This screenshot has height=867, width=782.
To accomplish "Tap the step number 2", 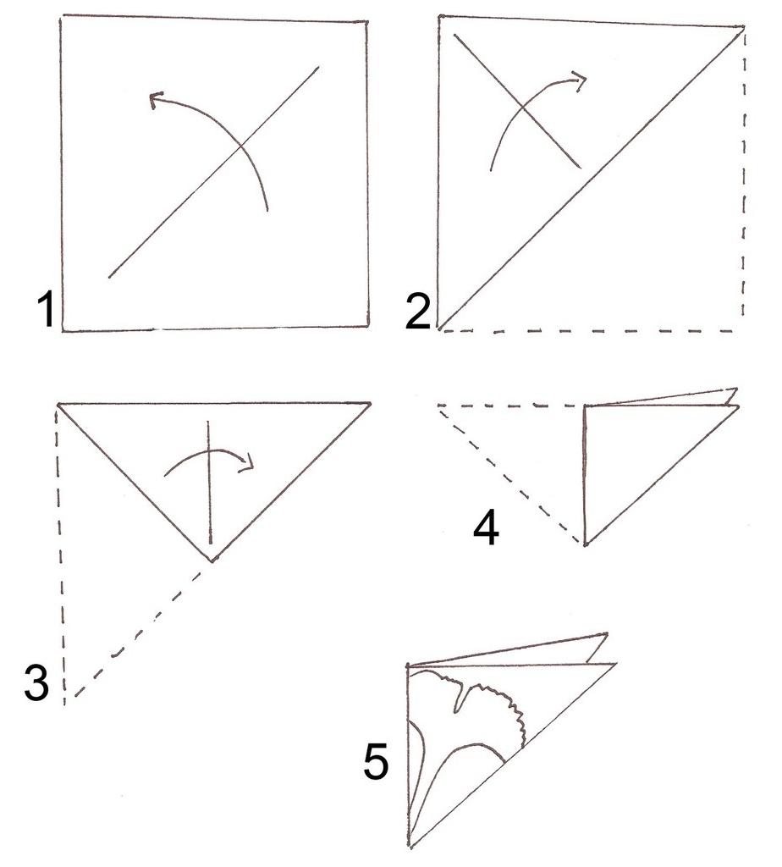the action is [418, 312].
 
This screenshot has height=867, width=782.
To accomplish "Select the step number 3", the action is [36, 683].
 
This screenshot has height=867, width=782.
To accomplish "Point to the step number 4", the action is [487, 528].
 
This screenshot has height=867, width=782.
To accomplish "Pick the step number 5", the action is [377, 762].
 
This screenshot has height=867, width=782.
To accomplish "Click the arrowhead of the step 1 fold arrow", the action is [157, 100].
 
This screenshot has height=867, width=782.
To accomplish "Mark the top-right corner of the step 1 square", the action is [367, 23].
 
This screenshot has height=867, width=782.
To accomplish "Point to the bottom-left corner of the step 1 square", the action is [63, 331].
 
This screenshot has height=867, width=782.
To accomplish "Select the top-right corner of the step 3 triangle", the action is [370, 403].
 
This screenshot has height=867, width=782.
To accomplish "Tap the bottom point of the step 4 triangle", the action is [585, 544].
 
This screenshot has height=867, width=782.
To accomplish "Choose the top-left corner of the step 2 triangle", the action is [439, 16].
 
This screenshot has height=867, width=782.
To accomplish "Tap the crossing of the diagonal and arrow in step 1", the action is [241, 146].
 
